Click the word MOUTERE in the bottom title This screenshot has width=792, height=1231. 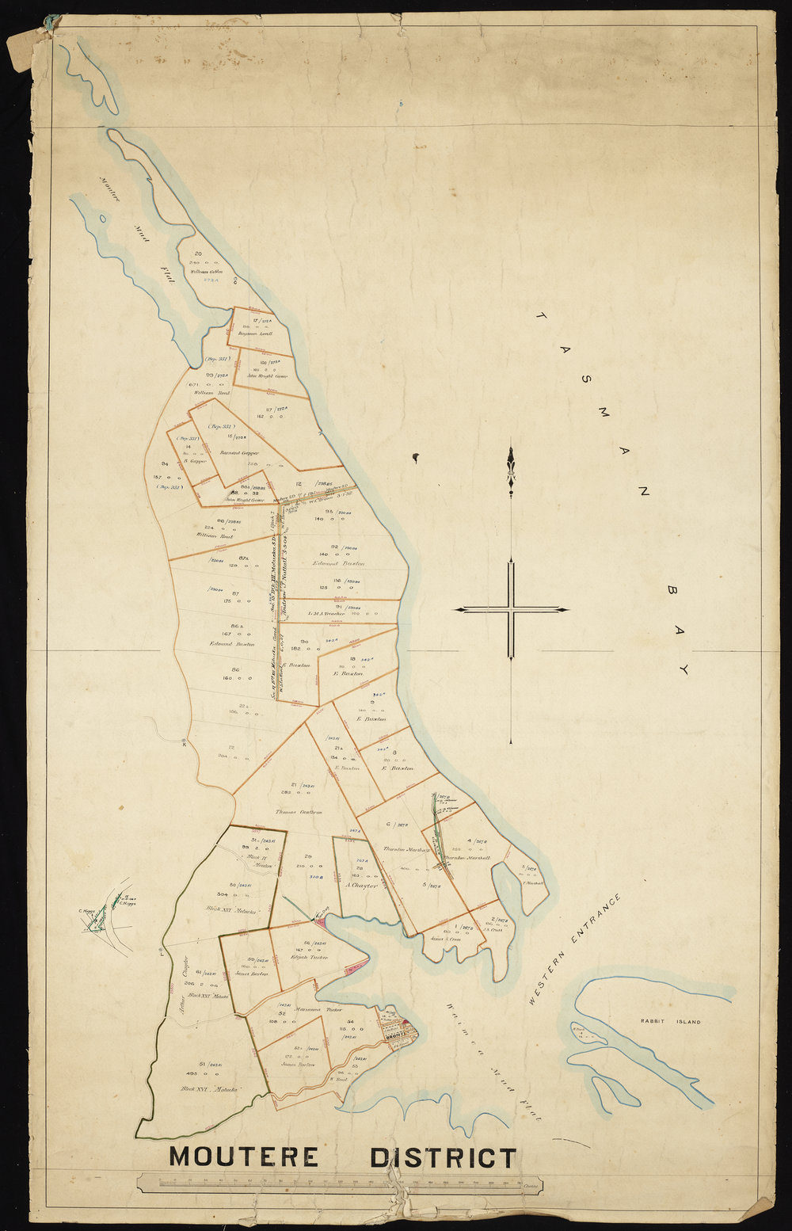click(244, 1157)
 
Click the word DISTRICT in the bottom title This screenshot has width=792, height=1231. click(443, 1157)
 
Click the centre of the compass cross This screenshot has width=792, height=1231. click(512, 610)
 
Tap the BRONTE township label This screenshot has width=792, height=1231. click(395, 1035)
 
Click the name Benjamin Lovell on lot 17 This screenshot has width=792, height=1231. click(256, 334)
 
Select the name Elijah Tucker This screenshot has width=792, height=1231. click(310, 957)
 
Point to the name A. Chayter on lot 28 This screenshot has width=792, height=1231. click(360, 885)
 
